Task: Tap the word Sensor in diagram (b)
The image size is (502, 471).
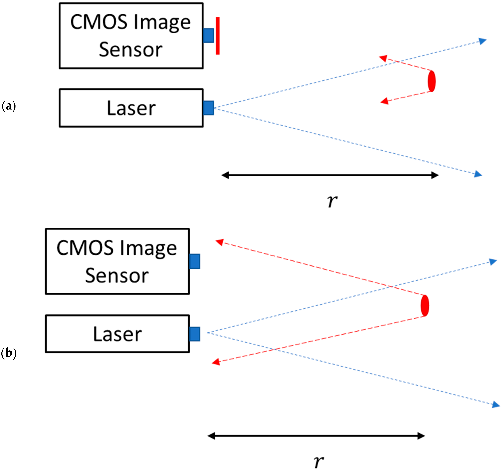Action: point(117,276)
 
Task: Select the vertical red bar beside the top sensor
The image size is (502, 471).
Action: point(218,36)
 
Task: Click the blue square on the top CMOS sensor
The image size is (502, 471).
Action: point(209,35)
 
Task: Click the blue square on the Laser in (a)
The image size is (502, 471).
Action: point(209,108)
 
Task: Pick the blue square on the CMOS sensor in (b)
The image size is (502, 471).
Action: point(195,261)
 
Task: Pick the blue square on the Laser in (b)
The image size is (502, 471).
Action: point(195,334)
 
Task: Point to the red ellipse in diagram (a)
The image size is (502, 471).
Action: point(432,81)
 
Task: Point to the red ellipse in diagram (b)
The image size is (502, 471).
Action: point(425,306)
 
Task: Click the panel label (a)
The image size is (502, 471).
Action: point(9,106)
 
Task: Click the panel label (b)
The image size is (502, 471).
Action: point(9,353)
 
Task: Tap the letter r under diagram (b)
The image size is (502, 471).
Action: point(319,461)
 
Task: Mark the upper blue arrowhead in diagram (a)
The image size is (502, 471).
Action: point(483,41)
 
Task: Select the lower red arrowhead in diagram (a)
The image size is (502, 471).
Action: point(384,101)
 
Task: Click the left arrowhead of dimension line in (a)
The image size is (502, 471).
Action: point(225,175)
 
